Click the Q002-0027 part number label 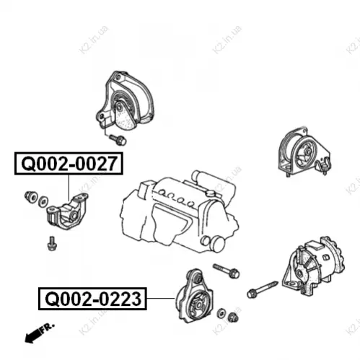(x=69, y=163)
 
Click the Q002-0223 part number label (x=92, y=299)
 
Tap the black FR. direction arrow (x=32, y=335)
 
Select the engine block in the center (x=179, y=211)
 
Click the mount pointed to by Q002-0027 (x=67, y=211)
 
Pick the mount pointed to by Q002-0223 (x=194, y=297)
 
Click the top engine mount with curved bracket (x=125, y=101)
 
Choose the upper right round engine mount (x=304, y=152)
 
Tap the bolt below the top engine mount (x=118, y=139)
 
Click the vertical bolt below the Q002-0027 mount (x=52, y=243)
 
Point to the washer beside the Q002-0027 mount (x=43, y=201)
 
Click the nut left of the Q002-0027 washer (x=31, y=197)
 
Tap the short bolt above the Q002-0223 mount (x=226, y=271)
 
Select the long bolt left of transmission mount (x=262, y=289)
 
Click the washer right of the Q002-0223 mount (x=221, y=313)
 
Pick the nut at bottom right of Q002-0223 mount (x=233, y=317)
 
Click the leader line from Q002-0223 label (x=161, y=298)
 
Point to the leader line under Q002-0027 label (x=69, y=188)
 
